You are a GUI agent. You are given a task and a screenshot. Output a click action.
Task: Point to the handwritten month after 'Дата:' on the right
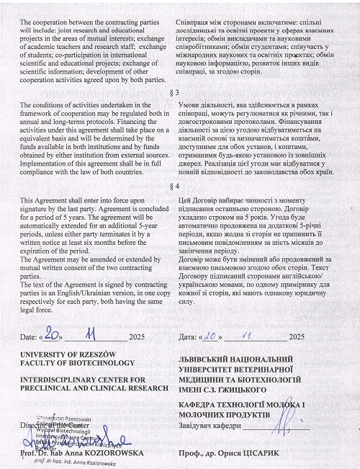(246, 335)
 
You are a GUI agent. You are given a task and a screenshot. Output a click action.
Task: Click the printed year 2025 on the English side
(137, 336)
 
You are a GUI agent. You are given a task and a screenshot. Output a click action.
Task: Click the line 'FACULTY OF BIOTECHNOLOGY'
(67, 364)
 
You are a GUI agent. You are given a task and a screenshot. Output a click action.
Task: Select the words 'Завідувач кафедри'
(208, 424)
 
